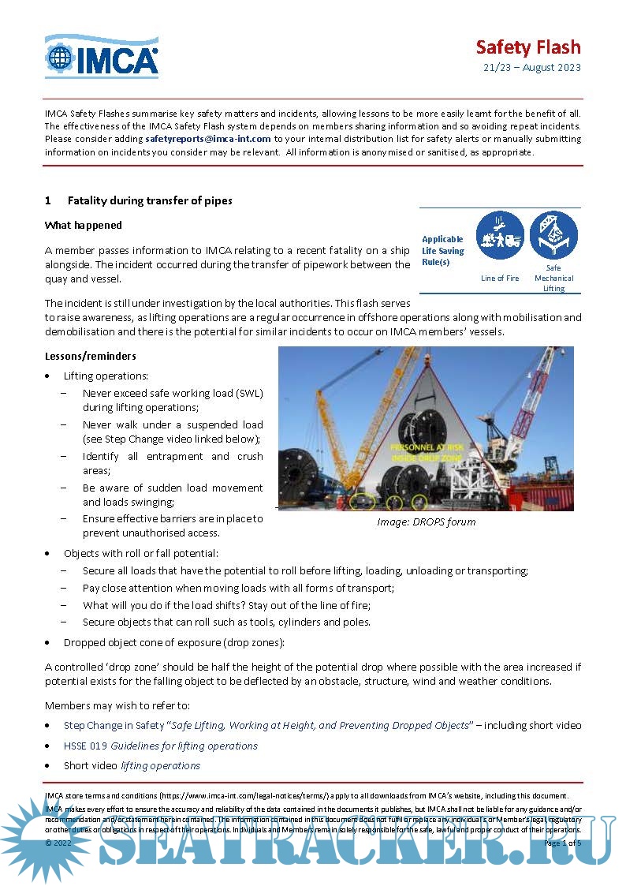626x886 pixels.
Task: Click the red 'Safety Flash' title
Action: [x=527, y=47]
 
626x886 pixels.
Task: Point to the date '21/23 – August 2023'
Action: [x=531, y=67]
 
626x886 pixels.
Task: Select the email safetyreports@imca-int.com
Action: [x=208, y=139]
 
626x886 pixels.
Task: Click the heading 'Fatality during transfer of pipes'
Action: [x=149, y=200]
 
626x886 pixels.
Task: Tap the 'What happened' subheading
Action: [x=84, y=226]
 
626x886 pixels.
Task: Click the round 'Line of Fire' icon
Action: [x=500, y=236]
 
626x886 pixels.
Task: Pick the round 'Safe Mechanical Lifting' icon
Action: [x=553, y=236]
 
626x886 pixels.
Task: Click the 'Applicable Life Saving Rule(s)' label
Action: [x=442, y=250]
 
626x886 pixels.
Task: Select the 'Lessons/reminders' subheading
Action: [x=91, y=356]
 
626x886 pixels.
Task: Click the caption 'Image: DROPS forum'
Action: [x=426, y=522]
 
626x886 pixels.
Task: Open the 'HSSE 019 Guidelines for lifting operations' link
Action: [x=161, y=746]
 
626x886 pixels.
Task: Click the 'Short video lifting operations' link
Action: [x=132, y=765]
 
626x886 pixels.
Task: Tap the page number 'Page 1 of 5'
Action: [x=561, y=843]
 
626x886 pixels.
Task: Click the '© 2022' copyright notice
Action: [x=58, y=843]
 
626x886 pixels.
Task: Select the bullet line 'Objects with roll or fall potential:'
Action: [x=141, y=553]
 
